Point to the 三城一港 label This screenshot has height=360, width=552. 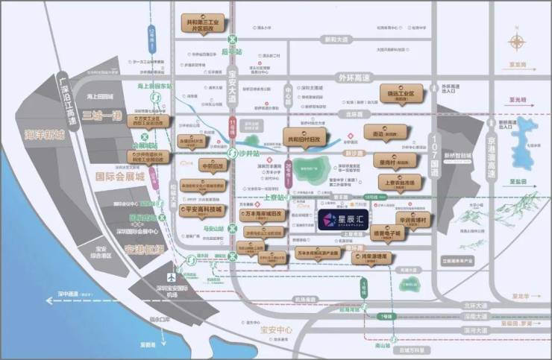click(x=101, y=116)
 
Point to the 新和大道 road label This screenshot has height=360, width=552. click(x=333, y=40)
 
